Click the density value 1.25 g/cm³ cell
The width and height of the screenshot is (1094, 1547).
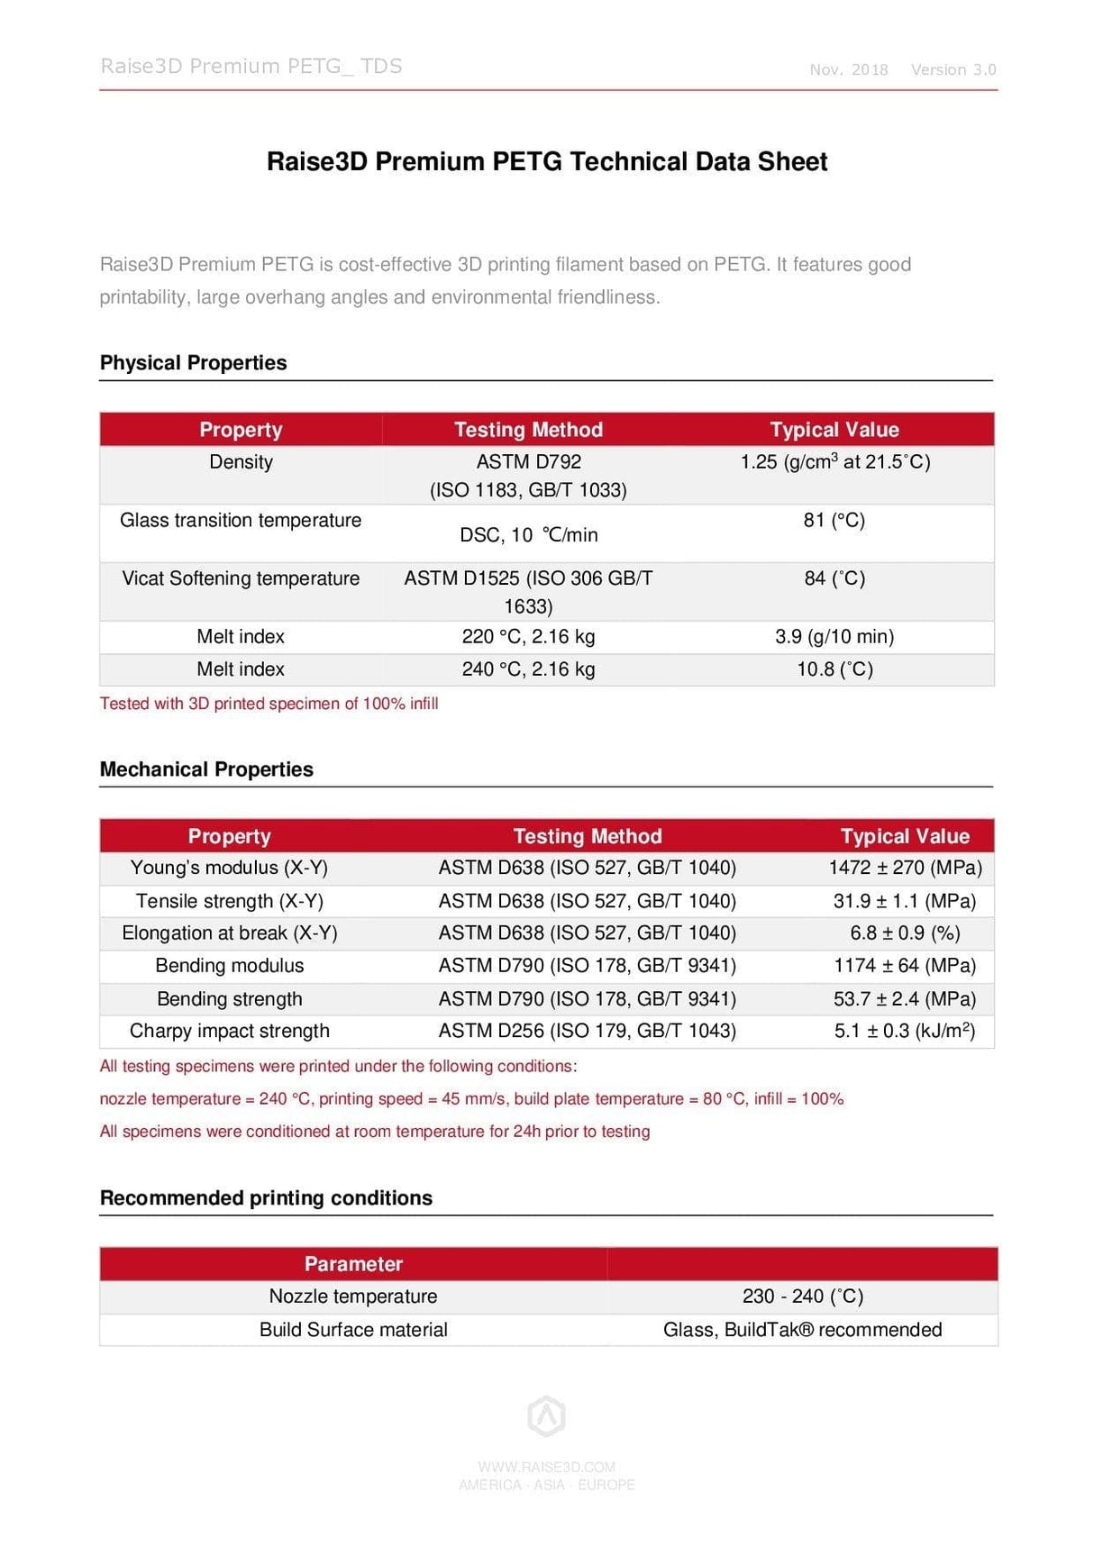pyautogui.click(x=834, y=462)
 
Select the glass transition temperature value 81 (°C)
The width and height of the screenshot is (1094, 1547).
pyautogui.click(x=834, y=521)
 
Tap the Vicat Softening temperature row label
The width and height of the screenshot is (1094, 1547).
pyautogui.click(x=241, y=578)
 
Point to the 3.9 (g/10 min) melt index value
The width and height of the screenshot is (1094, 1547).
pyautogui.click(x=834, y=637)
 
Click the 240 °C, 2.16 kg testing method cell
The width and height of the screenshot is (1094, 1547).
pyautogui.click(x=528, y=669)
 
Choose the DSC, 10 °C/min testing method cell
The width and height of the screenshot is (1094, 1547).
pyautogui.click(x=528, y=535)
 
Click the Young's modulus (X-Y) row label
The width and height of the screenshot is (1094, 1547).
pyautogui.click(x=229, y=868)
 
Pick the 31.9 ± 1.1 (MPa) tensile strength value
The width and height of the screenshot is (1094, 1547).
pyautogui.click(x=904, y=901)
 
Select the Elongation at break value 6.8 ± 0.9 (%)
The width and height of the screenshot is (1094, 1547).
pyautogui.click(x=904, y=933)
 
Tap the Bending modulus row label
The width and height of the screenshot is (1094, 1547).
pyautogui.click(x=229, y=966)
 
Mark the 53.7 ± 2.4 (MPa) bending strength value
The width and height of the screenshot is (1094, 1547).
pyautogui.click(x=904, y=999)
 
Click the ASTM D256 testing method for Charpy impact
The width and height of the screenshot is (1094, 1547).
pyautogui.click(x=587, y=1032)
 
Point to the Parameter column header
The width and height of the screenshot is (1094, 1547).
pyautogui.click(x=353, y=1264)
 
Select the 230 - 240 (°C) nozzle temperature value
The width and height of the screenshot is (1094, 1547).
pyautogui.click(x=802, y=1297)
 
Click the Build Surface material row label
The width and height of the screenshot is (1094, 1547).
pyautogui.click(x=353, y=1330)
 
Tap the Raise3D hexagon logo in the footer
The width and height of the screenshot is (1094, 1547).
pyautogui.click(x=546, y=1415)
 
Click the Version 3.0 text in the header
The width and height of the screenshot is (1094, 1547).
pyautogui.click(x=953, y=70)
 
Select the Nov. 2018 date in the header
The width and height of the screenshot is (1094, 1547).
pyautogui.click(x=848, y=70)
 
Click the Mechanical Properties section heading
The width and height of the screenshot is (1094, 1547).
pyautogui.click(x=206, y=769)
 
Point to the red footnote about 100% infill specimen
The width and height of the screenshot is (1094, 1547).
pyautogui.click(x=269, y=704)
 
